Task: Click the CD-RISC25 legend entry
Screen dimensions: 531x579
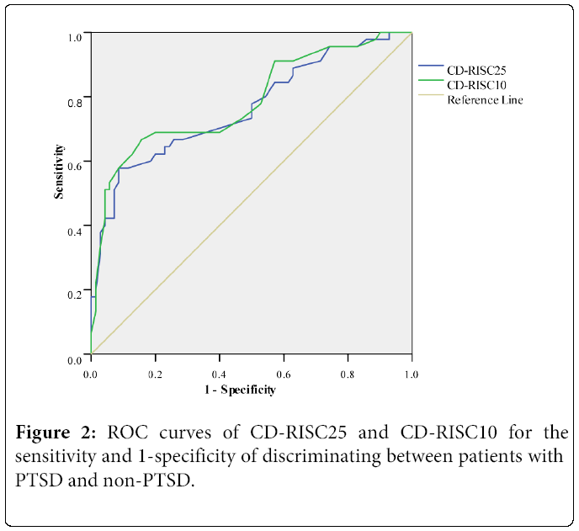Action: pyautogui.click(x=477, y=70)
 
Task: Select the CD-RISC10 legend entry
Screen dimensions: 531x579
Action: pyautogui.click(x=477, y=85)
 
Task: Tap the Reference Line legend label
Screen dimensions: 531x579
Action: pyautogui.click(x=485, y=100)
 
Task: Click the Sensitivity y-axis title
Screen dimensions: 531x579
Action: pyautogui.click(x=60, y=172)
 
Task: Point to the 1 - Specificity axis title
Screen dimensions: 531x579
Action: pyautogui.click(x=239, y=390)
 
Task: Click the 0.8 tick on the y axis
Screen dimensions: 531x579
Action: pyautogui.click(x=75, y=100)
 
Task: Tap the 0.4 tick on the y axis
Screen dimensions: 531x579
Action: pyautogui.click(x=75, y=230)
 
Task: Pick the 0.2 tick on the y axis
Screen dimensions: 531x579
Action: pyautogui.click(x=75, y=294)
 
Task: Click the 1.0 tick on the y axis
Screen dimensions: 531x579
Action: pyautogui.click(x=75, y=36)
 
